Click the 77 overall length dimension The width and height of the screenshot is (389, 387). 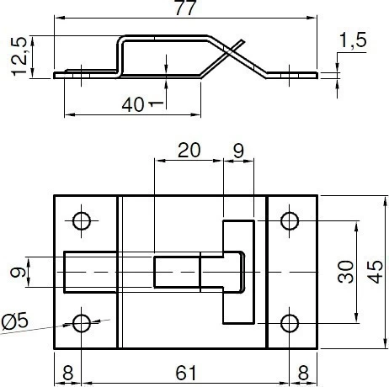click(184, 8)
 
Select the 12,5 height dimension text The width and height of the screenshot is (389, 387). click(19, 56)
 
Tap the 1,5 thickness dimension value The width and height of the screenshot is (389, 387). click(353, 40)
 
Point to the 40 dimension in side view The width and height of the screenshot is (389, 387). click(133, 104)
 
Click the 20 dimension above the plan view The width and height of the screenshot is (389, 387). click(189, 150)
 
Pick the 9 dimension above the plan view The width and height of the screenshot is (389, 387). click(238, 151)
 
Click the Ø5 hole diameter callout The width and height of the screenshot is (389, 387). click(14, 321)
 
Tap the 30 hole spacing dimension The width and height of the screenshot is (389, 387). click(345, 272)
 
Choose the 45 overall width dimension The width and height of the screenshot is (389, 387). click(375, 272)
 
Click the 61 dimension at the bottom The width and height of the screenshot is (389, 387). click(186, 373)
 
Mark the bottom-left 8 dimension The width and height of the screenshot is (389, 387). click(67, 373)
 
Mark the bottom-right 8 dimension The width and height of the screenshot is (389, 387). click(303, 373)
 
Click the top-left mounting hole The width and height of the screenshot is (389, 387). click(82, 221)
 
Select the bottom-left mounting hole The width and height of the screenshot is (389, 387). click(82, 323)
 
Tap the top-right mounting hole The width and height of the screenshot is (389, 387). click(290, 221)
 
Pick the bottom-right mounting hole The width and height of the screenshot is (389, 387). click(290, 323)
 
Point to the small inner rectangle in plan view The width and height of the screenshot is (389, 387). click(177, 272)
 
